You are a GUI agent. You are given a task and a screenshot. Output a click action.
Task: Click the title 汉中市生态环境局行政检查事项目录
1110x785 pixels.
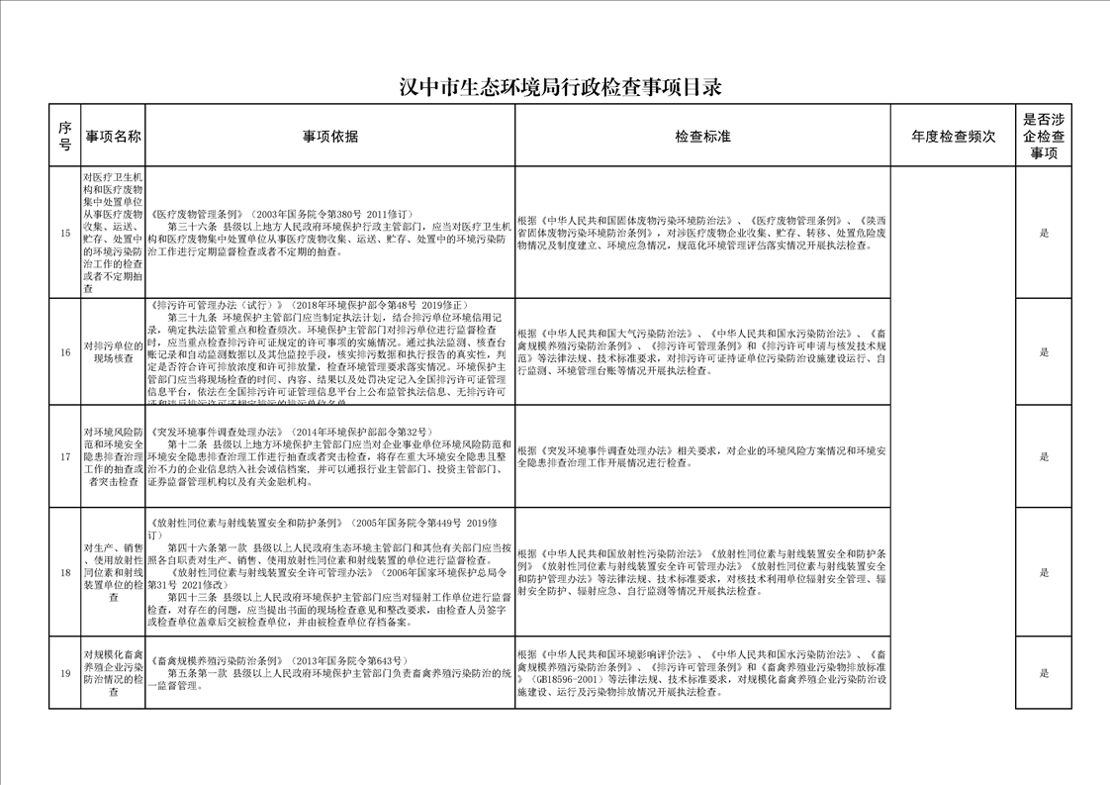coord(560,87)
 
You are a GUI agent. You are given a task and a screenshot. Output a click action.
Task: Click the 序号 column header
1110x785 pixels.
coord(64,136)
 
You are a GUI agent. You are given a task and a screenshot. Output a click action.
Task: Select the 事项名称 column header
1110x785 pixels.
coord(114,136)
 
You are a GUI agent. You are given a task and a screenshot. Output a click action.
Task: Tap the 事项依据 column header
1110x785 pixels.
coord(330,136)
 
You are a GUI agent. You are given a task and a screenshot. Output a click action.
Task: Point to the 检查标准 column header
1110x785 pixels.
coord(702,136)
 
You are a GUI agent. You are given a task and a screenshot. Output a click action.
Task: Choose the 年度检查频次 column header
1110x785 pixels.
coord(953,136)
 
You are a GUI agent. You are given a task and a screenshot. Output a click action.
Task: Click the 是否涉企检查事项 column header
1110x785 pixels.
coord(1044,136)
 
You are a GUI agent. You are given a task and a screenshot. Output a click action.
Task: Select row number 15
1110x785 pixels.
coord(65,234)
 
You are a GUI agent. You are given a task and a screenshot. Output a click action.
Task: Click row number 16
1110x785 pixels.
coord(65,352)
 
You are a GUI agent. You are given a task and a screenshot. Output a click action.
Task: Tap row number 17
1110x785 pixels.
coord(65,456)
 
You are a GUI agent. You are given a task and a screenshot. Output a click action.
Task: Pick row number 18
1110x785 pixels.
coord(65,572)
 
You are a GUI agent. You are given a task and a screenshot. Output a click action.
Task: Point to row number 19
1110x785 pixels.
coord(65,673)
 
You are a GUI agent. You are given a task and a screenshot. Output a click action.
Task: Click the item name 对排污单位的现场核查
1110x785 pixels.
coord(114,352)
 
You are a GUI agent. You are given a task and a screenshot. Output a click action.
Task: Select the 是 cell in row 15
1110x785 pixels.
coord(1044,234)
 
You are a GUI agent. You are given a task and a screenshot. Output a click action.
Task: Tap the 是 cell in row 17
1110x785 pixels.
coord(1044,456)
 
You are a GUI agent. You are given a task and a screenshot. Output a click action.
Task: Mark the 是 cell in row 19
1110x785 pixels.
coord(1044,673)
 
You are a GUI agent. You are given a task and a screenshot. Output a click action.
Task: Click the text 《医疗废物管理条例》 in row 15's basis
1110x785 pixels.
coord(198,214)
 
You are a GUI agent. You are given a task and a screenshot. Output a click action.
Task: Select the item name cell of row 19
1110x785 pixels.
coord(114,673)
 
